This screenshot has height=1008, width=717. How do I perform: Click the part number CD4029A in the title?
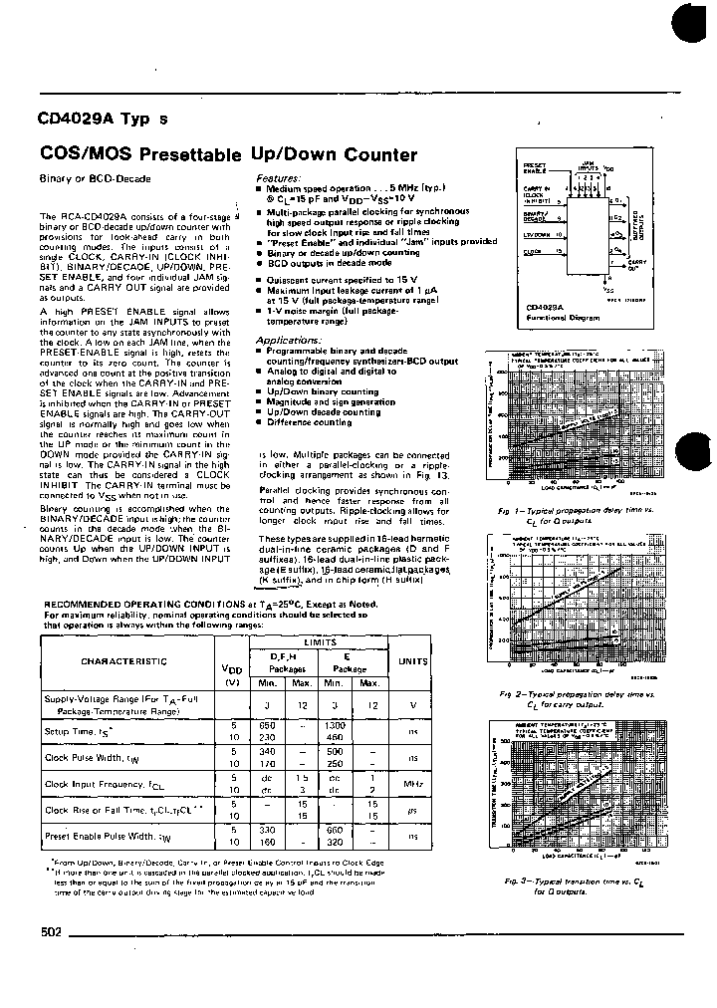coord(77,117)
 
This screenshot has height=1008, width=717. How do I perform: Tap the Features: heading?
coord(278,177)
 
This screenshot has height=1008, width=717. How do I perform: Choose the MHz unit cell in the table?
coord(410,785)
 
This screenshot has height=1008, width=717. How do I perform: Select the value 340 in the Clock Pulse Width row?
coord(266,752)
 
